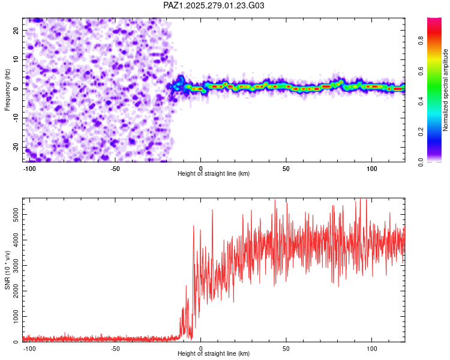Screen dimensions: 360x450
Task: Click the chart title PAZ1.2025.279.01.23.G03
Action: [214, 5]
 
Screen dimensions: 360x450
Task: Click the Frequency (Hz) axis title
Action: [7, 90]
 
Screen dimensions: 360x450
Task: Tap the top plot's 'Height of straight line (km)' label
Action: [214, 173]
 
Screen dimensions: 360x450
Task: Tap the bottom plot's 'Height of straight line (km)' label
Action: [214, 353]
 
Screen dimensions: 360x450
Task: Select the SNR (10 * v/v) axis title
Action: [7, 270]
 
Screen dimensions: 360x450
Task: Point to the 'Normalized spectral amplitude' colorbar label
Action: [445, 90]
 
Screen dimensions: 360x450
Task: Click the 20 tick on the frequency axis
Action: [16, 30]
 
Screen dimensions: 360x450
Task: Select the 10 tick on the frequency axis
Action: [16, 59]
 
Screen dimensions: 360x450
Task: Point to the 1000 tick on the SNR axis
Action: [13, 316]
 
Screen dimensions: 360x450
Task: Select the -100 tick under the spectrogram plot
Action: [29, 167]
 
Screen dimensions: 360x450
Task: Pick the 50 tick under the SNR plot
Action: [286, 347]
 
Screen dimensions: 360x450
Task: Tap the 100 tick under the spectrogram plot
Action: [371, 167]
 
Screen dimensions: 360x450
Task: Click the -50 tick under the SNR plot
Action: [115, 347]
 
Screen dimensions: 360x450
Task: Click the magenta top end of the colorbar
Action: [434, 20]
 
